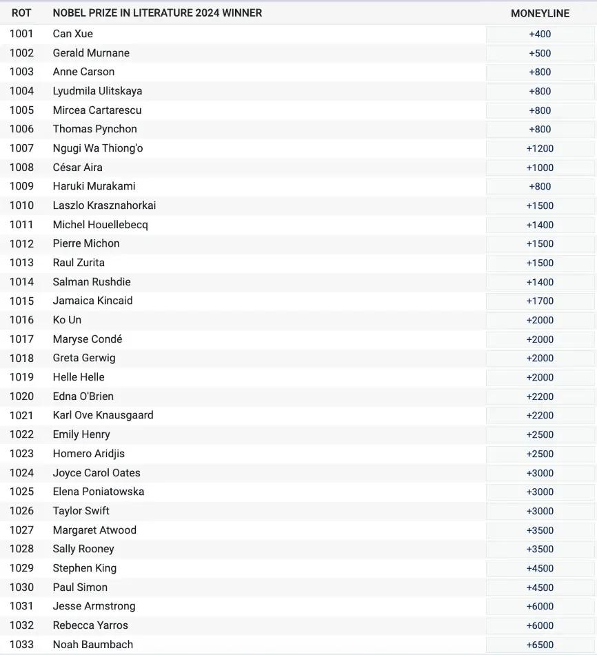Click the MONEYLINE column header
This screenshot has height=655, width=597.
(540, 13)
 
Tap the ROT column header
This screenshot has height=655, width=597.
(21, 13)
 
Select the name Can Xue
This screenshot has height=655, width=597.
(72, 34)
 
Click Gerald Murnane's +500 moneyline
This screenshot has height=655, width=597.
(540, 53)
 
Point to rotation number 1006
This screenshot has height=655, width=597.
(21, 129)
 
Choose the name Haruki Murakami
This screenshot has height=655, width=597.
(94, 186)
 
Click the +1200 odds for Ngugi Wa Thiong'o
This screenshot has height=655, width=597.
(540, 148)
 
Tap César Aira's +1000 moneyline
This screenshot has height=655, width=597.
(540, 168)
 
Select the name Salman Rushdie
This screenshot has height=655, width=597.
(92, 282)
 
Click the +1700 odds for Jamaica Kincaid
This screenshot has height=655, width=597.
(540, 301)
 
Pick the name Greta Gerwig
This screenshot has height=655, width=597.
(84, 358)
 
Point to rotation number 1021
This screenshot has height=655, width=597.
(21, 415)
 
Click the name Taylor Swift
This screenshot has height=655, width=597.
(81, 511)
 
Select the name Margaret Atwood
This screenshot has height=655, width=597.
(94, 530)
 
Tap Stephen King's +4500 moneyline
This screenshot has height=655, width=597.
(540, 568)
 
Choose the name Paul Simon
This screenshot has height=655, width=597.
(80, 587)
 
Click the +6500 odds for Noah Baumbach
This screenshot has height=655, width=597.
(540, 645)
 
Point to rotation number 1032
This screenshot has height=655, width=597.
(21, 625)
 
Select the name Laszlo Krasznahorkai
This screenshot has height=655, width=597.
(104, 205)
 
